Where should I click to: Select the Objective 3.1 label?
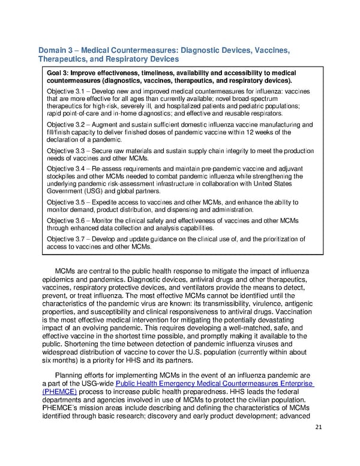tap(65, 91)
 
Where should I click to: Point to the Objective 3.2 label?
tap(65, 125)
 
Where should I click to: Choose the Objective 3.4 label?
tap(65, 170)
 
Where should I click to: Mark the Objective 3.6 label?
tap(65, 221)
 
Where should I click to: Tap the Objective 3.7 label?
tap(65, 239)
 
